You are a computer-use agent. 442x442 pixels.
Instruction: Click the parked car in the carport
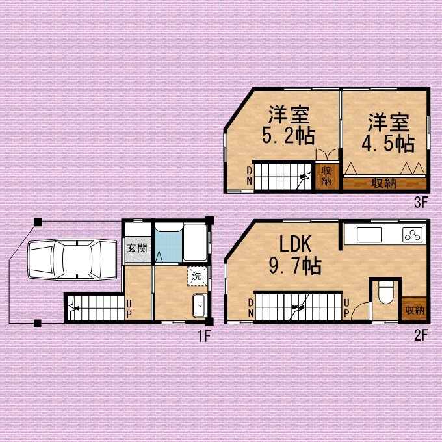[x=72, y=259]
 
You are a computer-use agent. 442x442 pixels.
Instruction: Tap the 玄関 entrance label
[x=137, y=248]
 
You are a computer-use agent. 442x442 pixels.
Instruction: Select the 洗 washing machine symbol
[x=197, y=276]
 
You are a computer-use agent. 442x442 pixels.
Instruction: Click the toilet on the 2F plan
[x=385, y=292]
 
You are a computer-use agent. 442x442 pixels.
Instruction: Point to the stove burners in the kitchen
[x=412, y=235]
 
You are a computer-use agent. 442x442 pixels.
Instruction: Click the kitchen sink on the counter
[x=369, y=235]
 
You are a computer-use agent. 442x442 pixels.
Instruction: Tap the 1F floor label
[x=204, y=336]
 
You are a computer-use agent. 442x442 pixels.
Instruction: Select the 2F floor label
[x=421, y=336]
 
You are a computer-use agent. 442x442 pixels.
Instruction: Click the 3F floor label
[x=421, y=202]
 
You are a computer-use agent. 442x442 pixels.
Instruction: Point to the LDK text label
[x=295, y=244]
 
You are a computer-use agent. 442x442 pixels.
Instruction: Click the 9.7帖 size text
[x=295, y=266]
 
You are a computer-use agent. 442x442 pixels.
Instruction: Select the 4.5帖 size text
[x=388, y=144]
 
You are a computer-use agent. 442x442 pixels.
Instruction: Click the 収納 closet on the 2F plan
[x=414, y=309]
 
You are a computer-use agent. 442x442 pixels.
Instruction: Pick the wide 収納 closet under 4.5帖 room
[x=385, y=183]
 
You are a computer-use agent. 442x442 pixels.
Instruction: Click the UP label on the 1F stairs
[x=129, y=309]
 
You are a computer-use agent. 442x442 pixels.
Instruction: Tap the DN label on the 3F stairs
[x=249, y=176]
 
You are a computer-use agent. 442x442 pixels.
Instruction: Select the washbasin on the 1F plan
[x=200, y=306]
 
